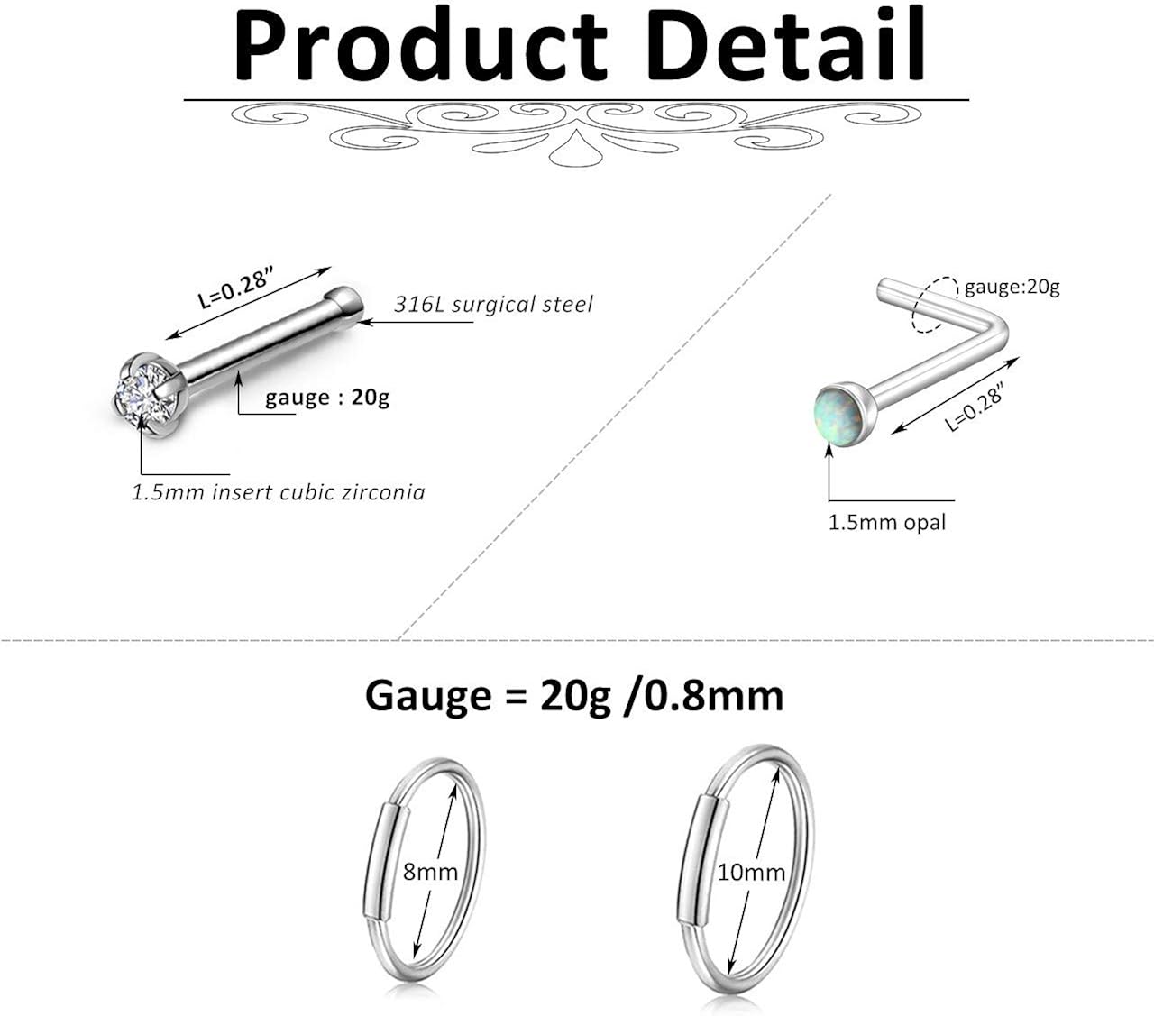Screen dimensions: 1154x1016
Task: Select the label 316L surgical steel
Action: point(493,305)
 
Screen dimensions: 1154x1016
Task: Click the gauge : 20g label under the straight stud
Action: point(327,398)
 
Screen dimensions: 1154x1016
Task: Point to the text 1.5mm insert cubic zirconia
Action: point(278,492)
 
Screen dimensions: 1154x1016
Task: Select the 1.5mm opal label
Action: point(887,522)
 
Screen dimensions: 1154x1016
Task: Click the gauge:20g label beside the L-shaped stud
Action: point(1012,288)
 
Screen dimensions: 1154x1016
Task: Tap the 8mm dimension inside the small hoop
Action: point(430,872)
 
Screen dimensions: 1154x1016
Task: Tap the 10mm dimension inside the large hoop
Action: point(751,872)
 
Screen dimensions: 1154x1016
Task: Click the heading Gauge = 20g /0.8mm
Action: point(574,695)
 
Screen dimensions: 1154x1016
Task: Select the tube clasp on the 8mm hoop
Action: point(385,861)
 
